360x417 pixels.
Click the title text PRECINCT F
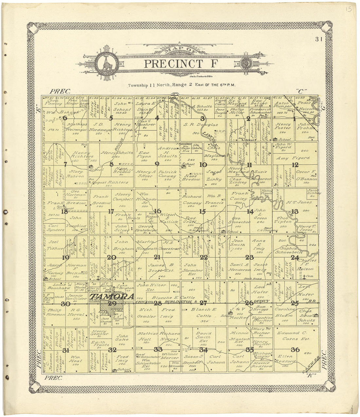(x=180, y=63)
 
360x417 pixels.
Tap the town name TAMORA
(x=112, y=297)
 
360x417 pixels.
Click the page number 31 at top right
(x=319, y=40)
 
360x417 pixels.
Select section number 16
(x=157, y=211)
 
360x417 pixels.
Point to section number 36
(x=295, y=350)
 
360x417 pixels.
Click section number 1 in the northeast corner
(x=294, y=119)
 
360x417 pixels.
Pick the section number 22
(x=204, y=257)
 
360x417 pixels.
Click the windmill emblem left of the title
(x=107, y=62)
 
